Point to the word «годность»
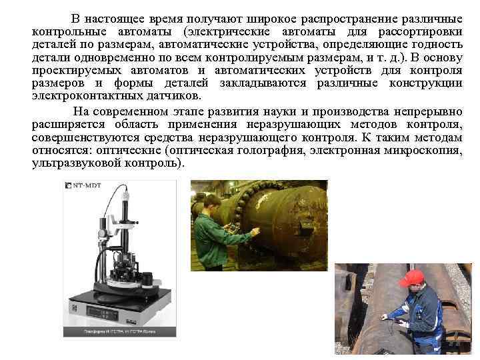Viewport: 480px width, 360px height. click(436, 45)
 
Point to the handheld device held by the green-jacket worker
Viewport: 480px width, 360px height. click(234, 228)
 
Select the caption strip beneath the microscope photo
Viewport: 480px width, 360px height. click(120, 331)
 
